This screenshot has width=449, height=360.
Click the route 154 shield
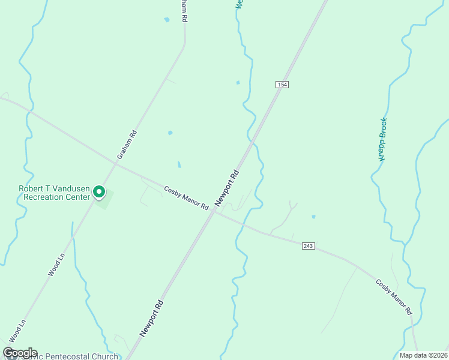point(282,85)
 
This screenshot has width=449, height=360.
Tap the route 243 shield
point(309,246)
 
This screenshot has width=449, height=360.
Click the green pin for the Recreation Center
point(99,193)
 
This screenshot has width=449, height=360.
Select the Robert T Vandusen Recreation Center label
point(54,193)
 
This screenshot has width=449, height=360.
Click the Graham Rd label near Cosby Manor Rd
point(127,145)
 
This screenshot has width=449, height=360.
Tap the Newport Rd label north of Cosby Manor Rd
point(227,188)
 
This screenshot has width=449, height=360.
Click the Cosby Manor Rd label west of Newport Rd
point(186,198)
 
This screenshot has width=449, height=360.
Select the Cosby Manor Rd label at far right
point(394,297)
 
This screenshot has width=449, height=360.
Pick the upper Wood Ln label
point(56,264)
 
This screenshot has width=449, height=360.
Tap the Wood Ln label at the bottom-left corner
point(17,331)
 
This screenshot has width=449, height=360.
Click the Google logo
point(20,353)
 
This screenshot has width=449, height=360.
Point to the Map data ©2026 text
point(423,355)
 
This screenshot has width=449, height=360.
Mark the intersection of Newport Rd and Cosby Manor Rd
point(212,213)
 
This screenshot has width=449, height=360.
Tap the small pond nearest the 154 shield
point(238,82)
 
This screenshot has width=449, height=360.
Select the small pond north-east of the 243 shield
point(313,217)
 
